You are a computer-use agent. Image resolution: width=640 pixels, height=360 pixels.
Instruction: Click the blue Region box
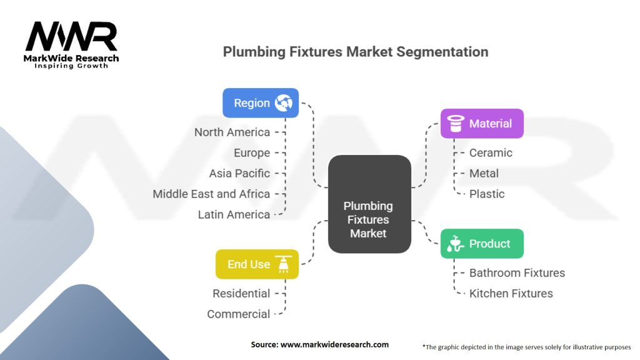click(261, 103)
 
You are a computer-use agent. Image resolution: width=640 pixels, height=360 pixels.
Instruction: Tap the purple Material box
click(482, 124)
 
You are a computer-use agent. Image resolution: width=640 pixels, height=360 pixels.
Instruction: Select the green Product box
click(482, 244)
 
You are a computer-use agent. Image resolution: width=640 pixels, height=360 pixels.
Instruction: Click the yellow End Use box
click(257, 264)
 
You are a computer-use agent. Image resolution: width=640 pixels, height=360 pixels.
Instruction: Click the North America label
click(232, 132)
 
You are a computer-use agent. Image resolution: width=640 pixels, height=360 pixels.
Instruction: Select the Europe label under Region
click(252, 152)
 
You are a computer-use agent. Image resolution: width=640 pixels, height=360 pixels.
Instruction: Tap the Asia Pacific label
click(239, 173)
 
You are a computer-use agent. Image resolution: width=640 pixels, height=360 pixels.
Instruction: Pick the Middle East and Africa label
click(211, 194)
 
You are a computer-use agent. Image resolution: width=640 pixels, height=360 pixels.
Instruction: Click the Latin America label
click(234, 214)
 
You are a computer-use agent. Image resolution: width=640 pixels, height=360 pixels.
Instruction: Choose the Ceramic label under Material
click(491, 152)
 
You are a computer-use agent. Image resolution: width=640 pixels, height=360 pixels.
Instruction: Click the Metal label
click(484, 173)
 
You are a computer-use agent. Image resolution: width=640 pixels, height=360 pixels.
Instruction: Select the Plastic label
click(487, 194)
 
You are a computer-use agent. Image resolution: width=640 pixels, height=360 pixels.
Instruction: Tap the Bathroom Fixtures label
click(517, 272)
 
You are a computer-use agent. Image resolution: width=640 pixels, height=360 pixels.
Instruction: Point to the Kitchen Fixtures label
click(511, 293)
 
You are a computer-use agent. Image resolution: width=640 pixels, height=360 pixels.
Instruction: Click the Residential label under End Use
click(241, 293)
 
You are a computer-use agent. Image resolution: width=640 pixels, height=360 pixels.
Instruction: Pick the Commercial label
click(239, 314)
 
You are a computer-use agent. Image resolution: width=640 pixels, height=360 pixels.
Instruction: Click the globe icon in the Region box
click(283, 103)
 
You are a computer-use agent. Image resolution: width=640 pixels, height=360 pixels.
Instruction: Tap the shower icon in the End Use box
click(283, 264)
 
